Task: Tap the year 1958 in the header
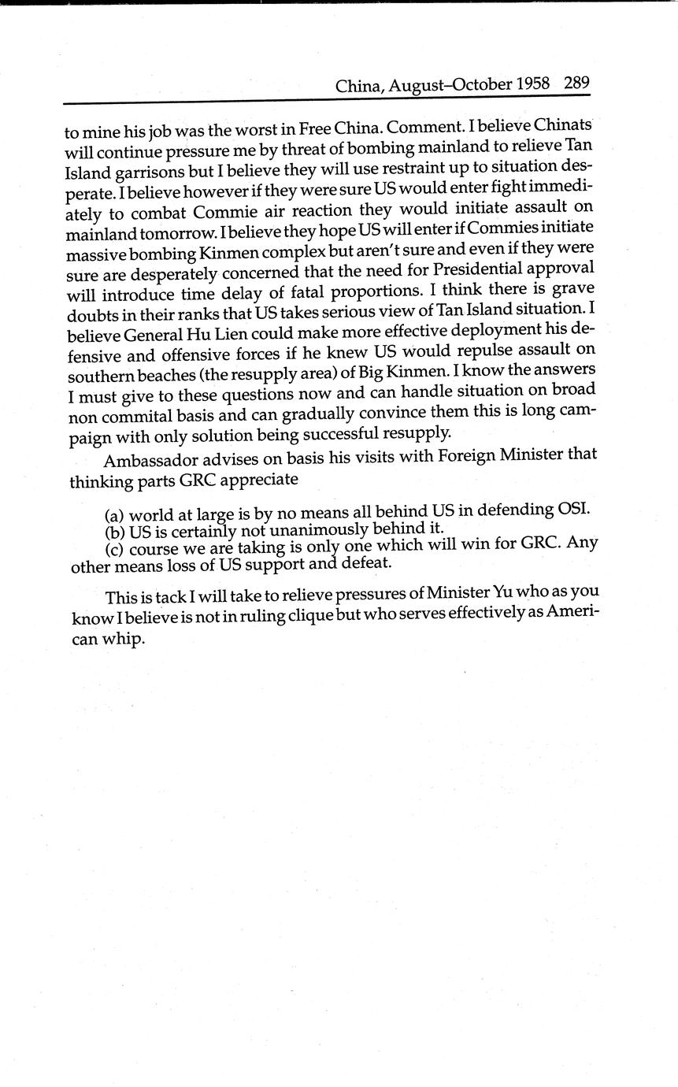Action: pos(533,83)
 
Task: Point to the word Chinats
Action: pos(563,124)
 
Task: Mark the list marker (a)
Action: pos(115,516)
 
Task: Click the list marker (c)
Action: pos(115,548)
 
